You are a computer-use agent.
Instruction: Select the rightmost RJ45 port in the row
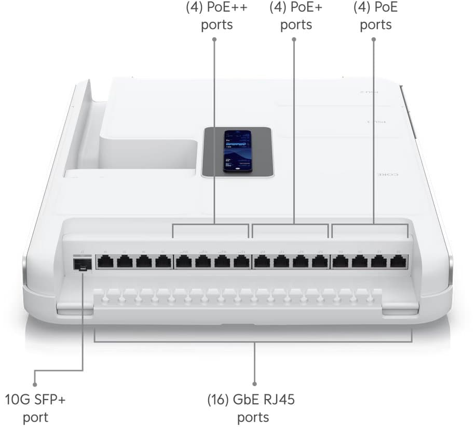coord(398,262)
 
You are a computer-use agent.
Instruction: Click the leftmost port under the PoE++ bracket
coord(183,262)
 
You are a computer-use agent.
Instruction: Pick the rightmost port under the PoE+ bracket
coord(319,262)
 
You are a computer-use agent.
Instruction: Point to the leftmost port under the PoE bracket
coord(340,262)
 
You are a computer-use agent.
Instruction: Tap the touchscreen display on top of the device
coord(237,151)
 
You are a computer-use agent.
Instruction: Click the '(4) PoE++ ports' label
coord(217,16)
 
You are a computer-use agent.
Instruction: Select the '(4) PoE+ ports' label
coord(296,16)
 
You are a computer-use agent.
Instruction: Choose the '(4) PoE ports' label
coord(375,16)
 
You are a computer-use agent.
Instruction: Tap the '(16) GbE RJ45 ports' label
coord(253,408)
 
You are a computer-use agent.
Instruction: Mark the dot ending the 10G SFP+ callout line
coord(35,385)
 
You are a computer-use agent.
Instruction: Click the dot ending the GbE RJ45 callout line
coord(254,384)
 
